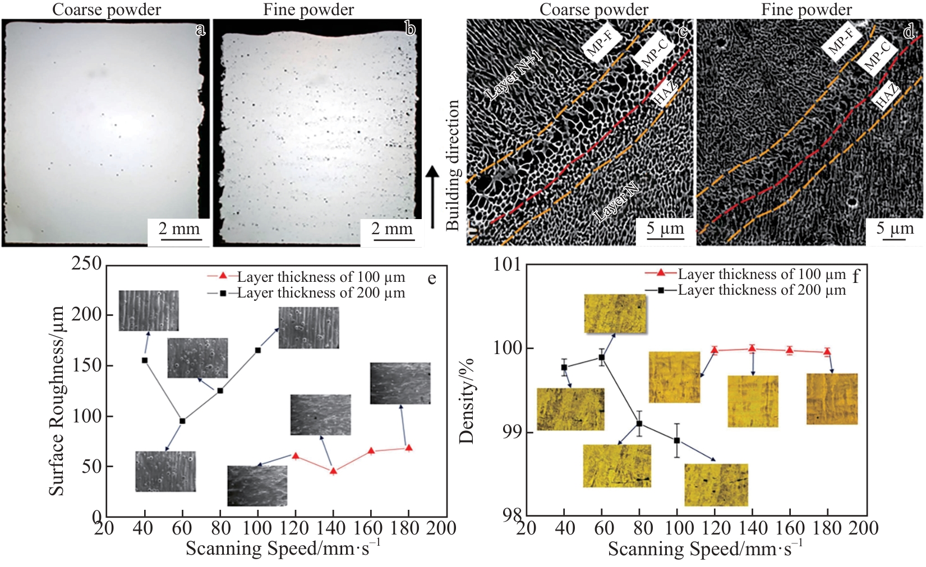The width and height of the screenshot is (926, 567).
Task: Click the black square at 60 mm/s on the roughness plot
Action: pyautogui.click(x=182, y=421)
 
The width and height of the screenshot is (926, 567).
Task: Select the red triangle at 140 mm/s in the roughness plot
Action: pyautogui.click(x=333, y=471)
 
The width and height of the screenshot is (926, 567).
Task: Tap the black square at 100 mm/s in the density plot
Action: pyautogui.click(x=677, y=440)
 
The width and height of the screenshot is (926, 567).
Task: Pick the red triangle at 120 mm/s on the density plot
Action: pyautogui.click(x=715, y=350)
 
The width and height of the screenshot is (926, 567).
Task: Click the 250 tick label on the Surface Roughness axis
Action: pyautogui.click(x=86, y=263)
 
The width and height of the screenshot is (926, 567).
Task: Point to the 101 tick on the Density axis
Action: pyautogui.click(x=507, y=264)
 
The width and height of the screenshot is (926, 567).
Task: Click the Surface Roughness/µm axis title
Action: pyautogui.click(x=56, y=401)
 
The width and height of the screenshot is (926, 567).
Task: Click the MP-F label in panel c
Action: pyautogui.click(x=602, y=42)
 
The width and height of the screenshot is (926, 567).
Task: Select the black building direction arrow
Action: pyautogui.click(x=432, y=197)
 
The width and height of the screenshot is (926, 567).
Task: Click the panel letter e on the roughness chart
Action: pyautogui.click(x=431, y=279)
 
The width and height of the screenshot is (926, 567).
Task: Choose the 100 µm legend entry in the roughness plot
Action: pyautogui.click(x=306, y=277)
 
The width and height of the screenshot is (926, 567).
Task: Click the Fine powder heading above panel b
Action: pyautogui.click(x=308, y=10)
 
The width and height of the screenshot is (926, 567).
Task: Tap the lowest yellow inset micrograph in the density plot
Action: pyautogui.click(x=716, y=485)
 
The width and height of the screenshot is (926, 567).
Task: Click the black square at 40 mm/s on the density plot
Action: pyautogui.click(x=564, y=367)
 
